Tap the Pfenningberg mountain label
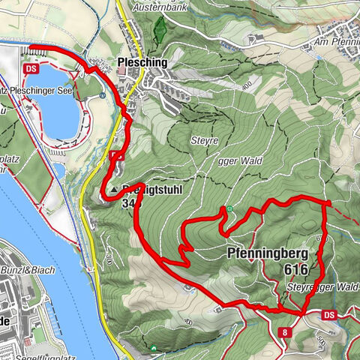tap(270, 253)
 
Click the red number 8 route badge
tap(286, 331)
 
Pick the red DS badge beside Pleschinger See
tap(31, 68)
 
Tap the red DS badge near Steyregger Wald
tap(331, 316)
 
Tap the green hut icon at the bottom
tap(153, 347)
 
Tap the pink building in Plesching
tap(121, 71)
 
